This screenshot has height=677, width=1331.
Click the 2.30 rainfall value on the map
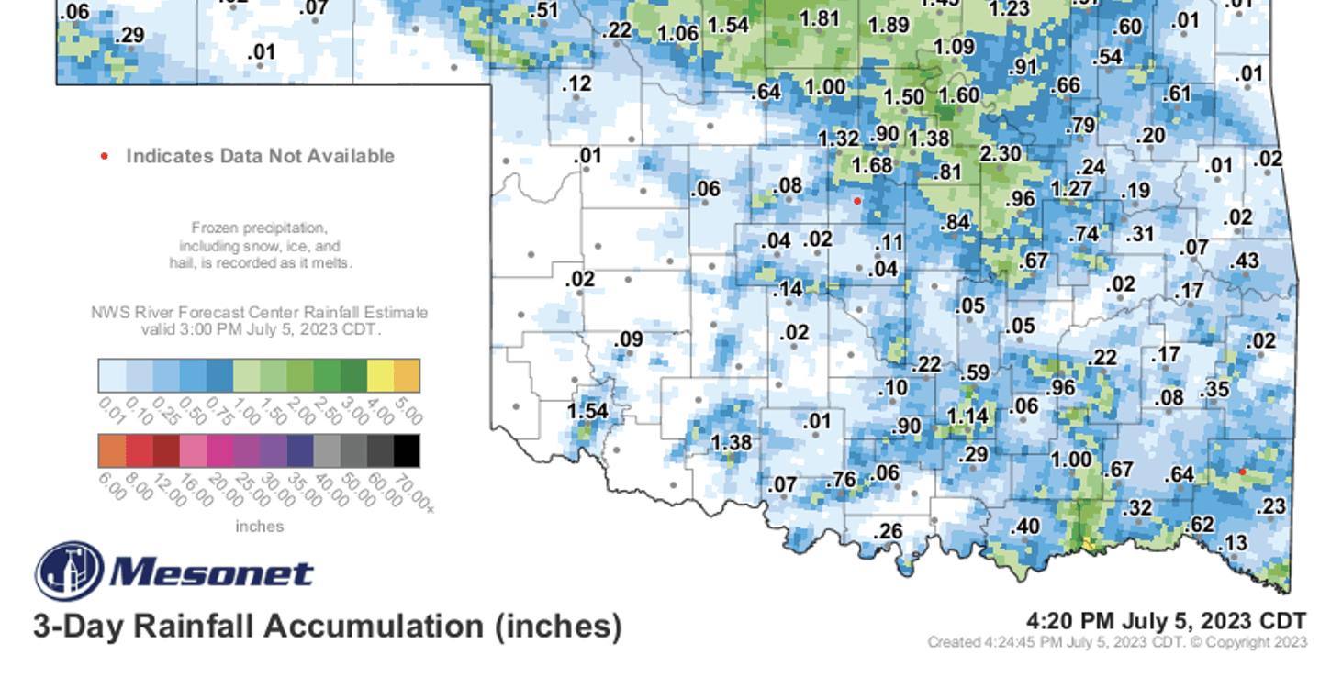click(x=1001, y=154)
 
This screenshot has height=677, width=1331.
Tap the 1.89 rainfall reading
click(x=889, y=25)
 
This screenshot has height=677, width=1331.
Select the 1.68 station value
click(x=871, y=166)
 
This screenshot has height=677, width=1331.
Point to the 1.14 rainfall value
click(x=967, y=416)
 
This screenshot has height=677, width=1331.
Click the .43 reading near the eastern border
click(x=1244, y=261)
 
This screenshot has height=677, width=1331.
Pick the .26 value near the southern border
click(x=888, y=531)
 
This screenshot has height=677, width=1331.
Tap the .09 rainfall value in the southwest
click(x=628, y=340)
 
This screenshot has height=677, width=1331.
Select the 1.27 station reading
click(x=1070, y=190)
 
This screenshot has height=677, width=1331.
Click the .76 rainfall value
click(x=842, y=481)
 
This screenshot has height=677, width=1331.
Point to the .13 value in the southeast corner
click(x=1235, y=543)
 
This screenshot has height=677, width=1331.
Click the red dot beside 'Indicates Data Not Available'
click(x=105, y=157)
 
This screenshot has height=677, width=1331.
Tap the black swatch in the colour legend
click(x=407, y=451)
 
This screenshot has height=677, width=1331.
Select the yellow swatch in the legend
click(x=380, y=375)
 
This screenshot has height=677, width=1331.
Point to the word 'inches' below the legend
click(x=260, y=527)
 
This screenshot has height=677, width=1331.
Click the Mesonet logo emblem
click(x=70, y=571)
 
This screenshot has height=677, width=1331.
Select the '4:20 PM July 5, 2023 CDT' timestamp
click(x=1165, y=622)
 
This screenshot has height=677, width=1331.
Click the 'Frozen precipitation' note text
click(x=259, y=228)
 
